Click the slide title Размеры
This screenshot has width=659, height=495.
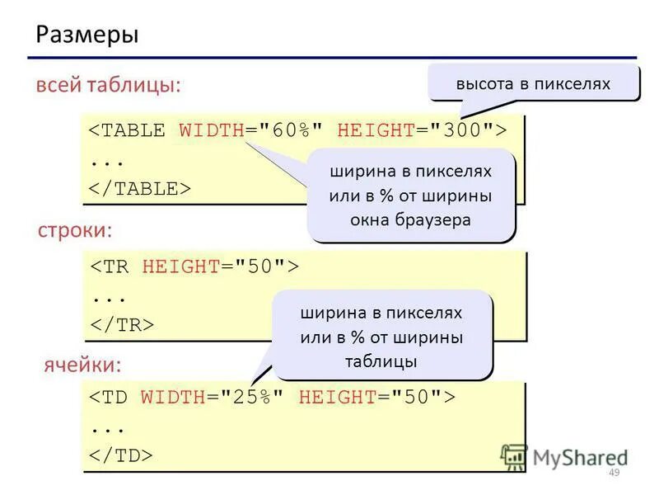click(86, 35)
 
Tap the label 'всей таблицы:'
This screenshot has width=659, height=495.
click(107, 86)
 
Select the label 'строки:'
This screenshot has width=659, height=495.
click(74, 231)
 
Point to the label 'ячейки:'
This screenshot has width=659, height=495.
click(82, 363)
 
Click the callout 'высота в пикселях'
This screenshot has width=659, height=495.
click(533, 83)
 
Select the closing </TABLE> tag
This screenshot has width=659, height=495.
click(139, 188)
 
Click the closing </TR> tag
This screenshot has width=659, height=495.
click(121, 324)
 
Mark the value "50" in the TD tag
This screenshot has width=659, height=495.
click(419, 397)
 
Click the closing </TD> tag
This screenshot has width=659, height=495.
click(121, 455)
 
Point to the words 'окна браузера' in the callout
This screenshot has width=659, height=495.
click(410, 220)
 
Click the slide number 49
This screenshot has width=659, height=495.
click(612, 472)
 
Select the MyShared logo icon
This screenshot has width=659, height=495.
click(514, 456)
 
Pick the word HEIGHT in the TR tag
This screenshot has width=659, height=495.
click(180, 266)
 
